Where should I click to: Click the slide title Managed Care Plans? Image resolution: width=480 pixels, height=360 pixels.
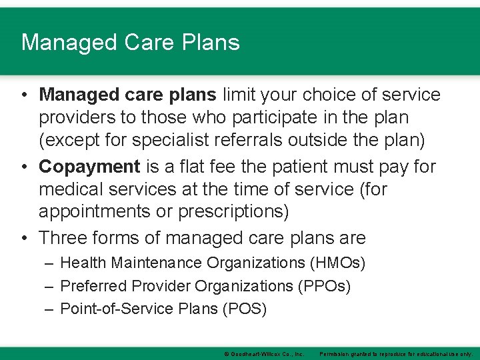(130, 42)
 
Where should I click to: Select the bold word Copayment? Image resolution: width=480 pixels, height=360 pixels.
(89, 166)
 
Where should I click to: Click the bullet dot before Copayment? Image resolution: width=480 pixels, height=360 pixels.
(25, 166)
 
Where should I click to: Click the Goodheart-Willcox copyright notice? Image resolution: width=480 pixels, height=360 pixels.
(264, 353)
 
